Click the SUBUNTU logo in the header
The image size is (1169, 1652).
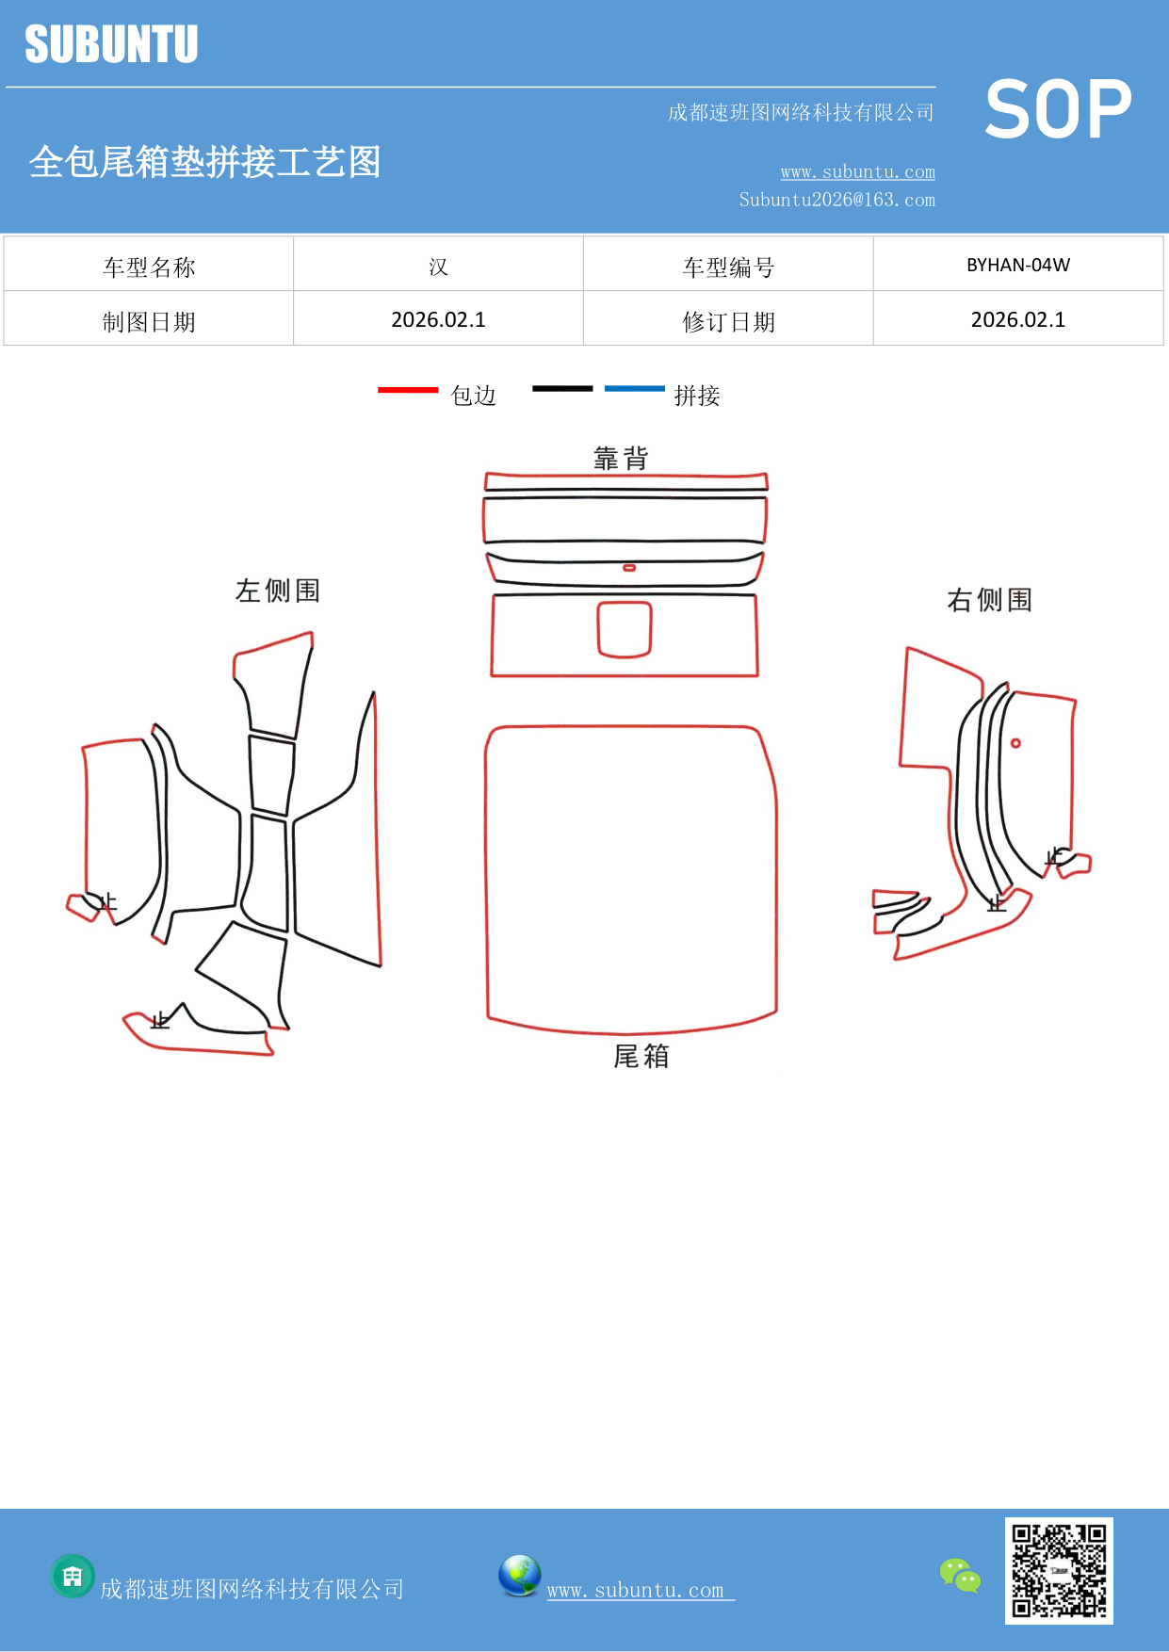(111, 44)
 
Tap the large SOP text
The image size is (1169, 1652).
(1058, 110)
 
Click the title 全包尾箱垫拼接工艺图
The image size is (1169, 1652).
(204, 162)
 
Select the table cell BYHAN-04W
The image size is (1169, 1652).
(1018, 265)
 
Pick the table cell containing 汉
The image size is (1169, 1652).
(438, 267)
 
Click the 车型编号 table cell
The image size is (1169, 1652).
(728, 267)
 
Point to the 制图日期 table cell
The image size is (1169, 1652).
(149, 322)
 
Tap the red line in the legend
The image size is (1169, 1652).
(408, 389)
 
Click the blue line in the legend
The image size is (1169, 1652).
(634, 388)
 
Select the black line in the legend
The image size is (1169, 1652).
(562, 388)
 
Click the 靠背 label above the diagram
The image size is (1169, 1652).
(621, 459)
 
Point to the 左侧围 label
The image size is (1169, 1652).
(278, 591)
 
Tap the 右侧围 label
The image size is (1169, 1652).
(989, 600)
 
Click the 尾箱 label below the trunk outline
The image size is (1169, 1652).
(641, 1056)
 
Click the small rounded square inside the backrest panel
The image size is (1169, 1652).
(625, 629)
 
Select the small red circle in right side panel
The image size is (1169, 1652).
(1015, 743)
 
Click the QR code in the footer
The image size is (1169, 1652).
(1059, 1570)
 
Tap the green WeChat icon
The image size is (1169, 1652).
(960, 1575)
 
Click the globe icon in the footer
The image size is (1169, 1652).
(519, 1576)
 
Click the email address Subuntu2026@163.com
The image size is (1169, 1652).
(836, 200)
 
